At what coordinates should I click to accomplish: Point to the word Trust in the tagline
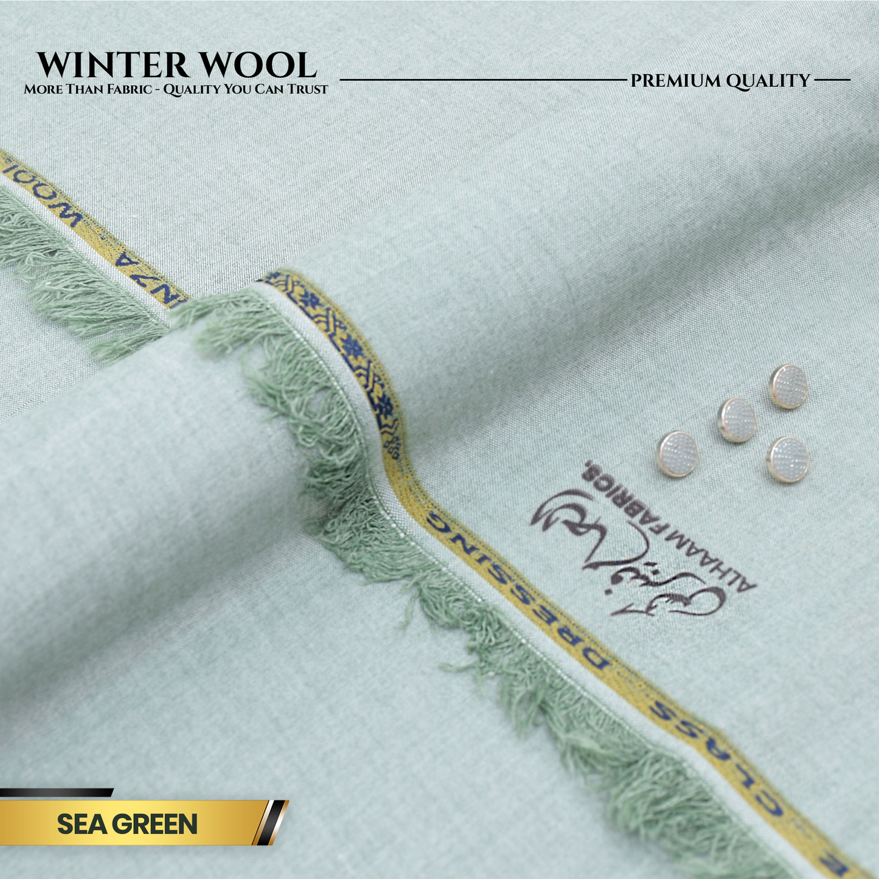point(311,89)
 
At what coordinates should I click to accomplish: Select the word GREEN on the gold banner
point(155,824)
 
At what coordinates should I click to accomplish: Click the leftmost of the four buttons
point(677,453)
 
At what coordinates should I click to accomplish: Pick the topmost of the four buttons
point(788,386)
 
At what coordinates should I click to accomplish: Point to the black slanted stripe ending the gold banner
point(271,822)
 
